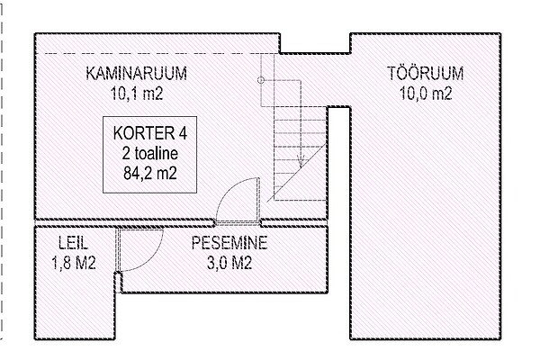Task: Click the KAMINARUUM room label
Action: pos(137,74)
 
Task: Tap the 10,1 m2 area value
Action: pos(137,93)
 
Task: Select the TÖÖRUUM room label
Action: pos(426,73)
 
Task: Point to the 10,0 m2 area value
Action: pos(426,93)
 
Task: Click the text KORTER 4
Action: pos(149,133)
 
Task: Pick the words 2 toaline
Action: pos(149,153)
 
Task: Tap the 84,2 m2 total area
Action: pos(150,173)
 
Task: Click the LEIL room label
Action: pos(73,242)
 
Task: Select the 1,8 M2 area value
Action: pos(74,263)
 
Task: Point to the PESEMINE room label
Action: pos(229,242)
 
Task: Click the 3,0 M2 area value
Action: pos(229,263)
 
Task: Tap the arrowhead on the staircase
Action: pos(301,161)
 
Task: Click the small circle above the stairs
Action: pos(261,80)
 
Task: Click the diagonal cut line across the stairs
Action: pos(297,173)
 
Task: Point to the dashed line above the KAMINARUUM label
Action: pos(161,53)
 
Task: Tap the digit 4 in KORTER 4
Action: pos(183,133)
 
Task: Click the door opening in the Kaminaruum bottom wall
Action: pos(238,223)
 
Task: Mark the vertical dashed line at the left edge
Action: pos(2,172)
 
